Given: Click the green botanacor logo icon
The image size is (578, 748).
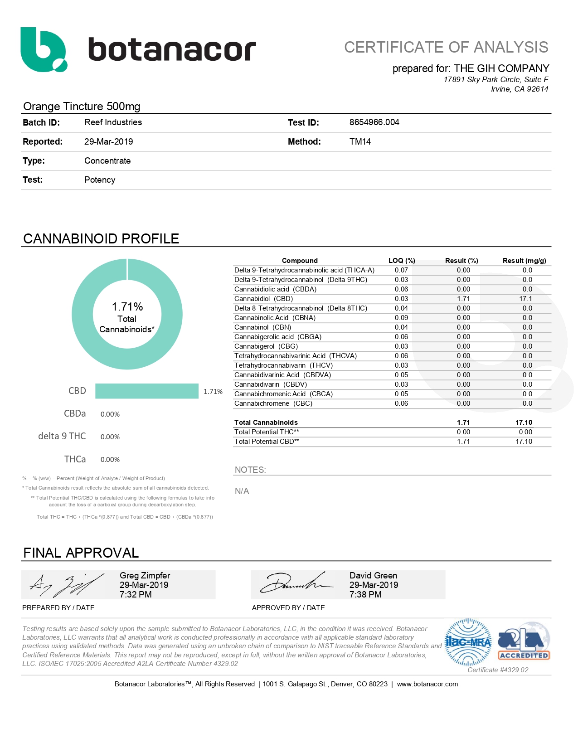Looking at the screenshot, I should pyautogui.click(x=44, y=49).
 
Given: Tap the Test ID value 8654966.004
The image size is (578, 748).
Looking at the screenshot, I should pyautogui.click(x=374, y=122).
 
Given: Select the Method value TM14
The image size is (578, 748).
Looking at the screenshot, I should pyautogui.click(x=360, y=142).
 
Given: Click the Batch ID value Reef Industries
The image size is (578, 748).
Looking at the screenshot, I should pyautogui.click(x=113, y=122).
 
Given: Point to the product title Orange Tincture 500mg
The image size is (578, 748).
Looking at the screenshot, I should pyautogui.click(x=82, y=107).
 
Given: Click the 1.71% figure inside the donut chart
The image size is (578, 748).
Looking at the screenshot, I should pyautogui.click(x=127, y=307).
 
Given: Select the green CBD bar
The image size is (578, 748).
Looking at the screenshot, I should pyautogui.click(x=146, y=391).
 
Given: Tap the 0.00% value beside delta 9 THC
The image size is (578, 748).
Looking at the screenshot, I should pyautogui.click(x=110, y=437).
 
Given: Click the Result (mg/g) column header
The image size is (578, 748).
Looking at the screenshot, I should pyautogui.click(x=524, y=261).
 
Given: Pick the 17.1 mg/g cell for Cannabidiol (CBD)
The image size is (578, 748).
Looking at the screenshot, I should pyautogui.click(x=525, y=299).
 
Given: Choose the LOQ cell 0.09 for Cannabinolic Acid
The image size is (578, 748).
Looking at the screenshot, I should pyautogui.click(x=401, y=318).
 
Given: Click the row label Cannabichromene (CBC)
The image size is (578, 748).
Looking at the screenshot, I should pyautogui.click(x=273, y=403).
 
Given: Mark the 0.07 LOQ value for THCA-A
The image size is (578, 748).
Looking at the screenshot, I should pyautogui.click(x=401, y=270).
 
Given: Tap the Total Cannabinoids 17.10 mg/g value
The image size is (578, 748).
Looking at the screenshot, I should pyautogui.click(x=524, y=423).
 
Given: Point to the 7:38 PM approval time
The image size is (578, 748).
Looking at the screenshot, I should pyautogui.click(x=365, y=595).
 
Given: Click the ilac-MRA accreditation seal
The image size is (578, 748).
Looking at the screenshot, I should pyautogui.click(x=468, y=642).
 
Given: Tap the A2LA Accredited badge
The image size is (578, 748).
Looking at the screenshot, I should pyautogui.click(x=524, y=642).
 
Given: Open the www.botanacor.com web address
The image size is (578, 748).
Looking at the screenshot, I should pyautogui.click(x=427, y=684).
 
